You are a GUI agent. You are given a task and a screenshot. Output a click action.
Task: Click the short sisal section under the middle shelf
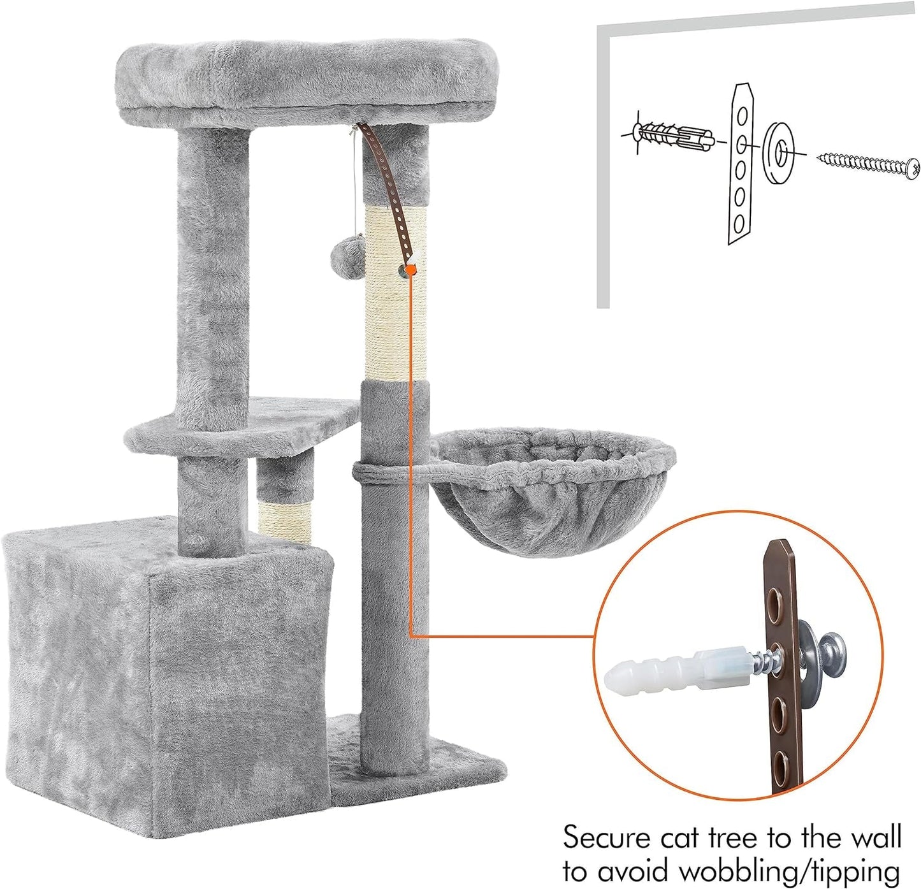click(x=285, y=521)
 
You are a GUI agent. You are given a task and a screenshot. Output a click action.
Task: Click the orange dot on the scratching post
click(x=410, y=271)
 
